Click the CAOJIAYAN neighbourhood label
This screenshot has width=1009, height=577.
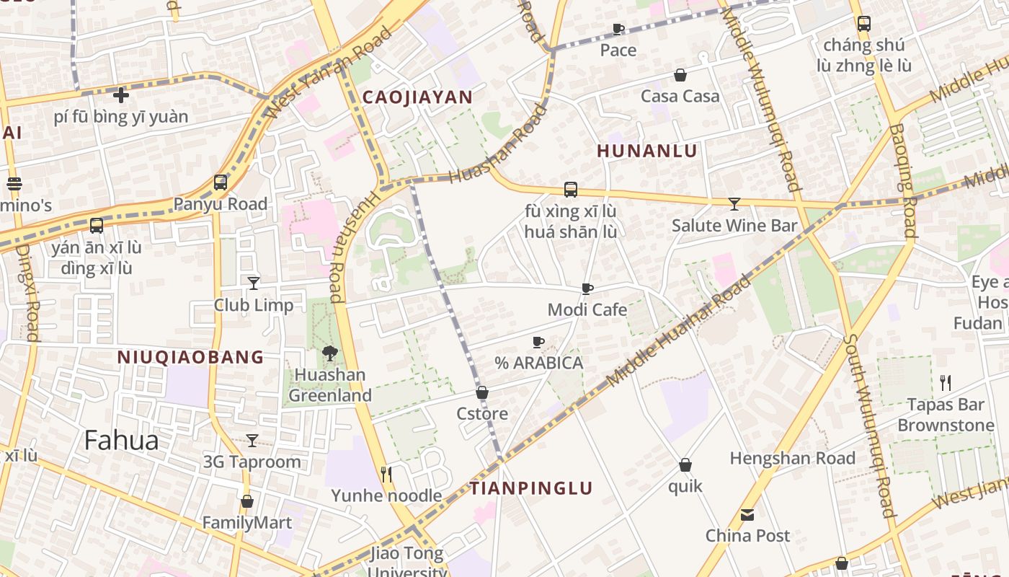click(x=417, y=97)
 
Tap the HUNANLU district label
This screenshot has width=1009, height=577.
click(x=647, y=151)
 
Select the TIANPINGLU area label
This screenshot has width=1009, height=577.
click(x=531, y=488)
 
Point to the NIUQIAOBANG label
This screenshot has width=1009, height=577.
click(x=190, y=357)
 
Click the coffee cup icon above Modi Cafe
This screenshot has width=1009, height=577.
click(x=587, y=289)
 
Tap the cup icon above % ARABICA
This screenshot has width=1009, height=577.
click(x=538, y=342)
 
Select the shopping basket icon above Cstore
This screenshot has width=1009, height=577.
click(x=482, y=393)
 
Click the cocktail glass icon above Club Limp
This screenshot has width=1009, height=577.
click(x=253, y=283)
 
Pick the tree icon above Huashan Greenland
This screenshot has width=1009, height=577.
click(x=330, y=353)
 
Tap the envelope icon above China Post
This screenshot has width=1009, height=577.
click(x=747, y=515)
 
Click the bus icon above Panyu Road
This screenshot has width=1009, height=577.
click(x=221, y=182)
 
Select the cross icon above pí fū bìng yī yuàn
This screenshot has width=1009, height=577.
click(x=121, y=94)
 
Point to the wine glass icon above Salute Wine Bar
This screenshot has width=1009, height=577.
click(x=734, y=204)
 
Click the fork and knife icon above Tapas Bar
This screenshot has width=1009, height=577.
click(x=946, y=383)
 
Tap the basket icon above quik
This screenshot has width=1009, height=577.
click(x=685, y=465)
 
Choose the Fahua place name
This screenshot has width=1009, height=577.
click(x=121, y=440)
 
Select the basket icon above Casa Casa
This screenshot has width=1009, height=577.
click(x=680, y=75)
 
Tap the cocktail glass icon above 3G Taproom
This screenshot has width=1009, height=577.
click(x=252, y=440)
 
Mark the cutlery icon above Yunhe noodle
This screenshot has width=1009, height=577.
click(x=386, y=474)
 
